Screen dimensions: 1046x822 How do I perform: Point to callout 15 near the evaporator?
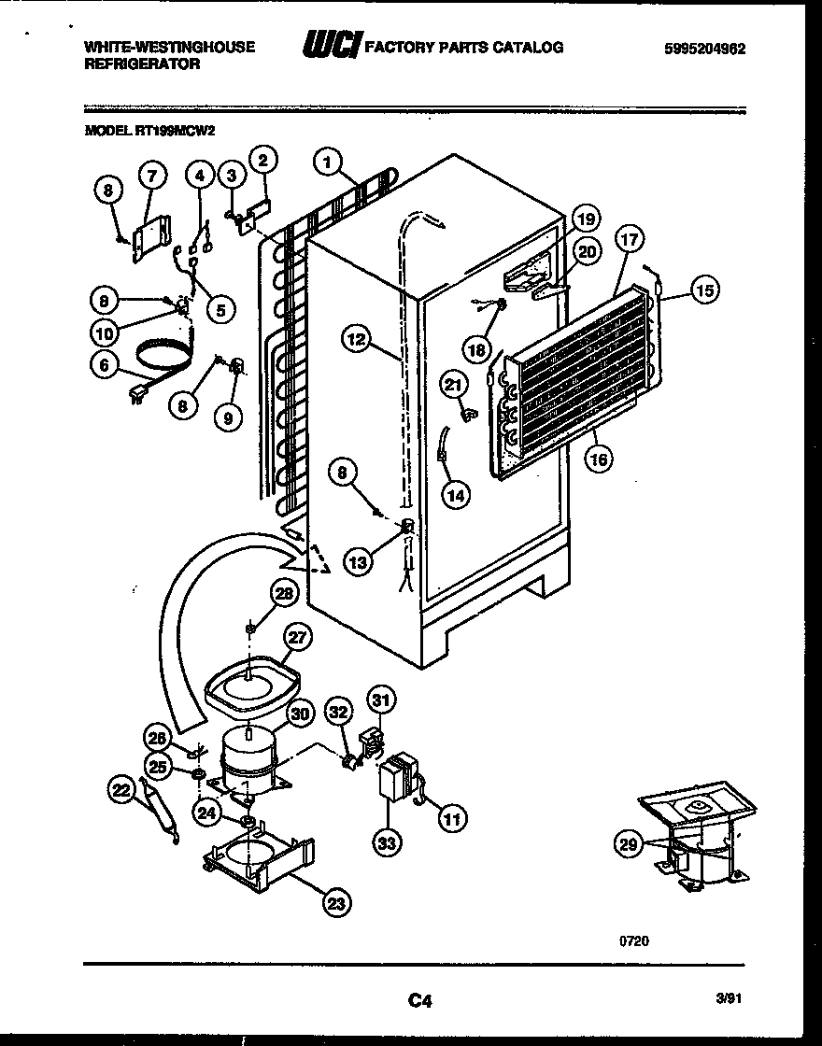(x=704, y=290)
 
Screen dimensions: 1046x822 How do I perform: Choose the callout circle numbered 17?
(x=629, y=239)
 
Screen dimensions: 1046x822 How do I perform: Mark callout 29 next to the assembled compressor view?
(x=626, y=844)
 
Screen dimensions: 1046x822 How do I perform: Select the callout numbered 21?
(x=453, y=382)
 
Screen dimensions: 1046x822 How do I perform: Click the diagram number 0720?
(x=631, y=940)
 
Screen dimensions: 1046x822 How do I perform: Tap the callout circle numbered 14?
(x=454, y=495)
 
